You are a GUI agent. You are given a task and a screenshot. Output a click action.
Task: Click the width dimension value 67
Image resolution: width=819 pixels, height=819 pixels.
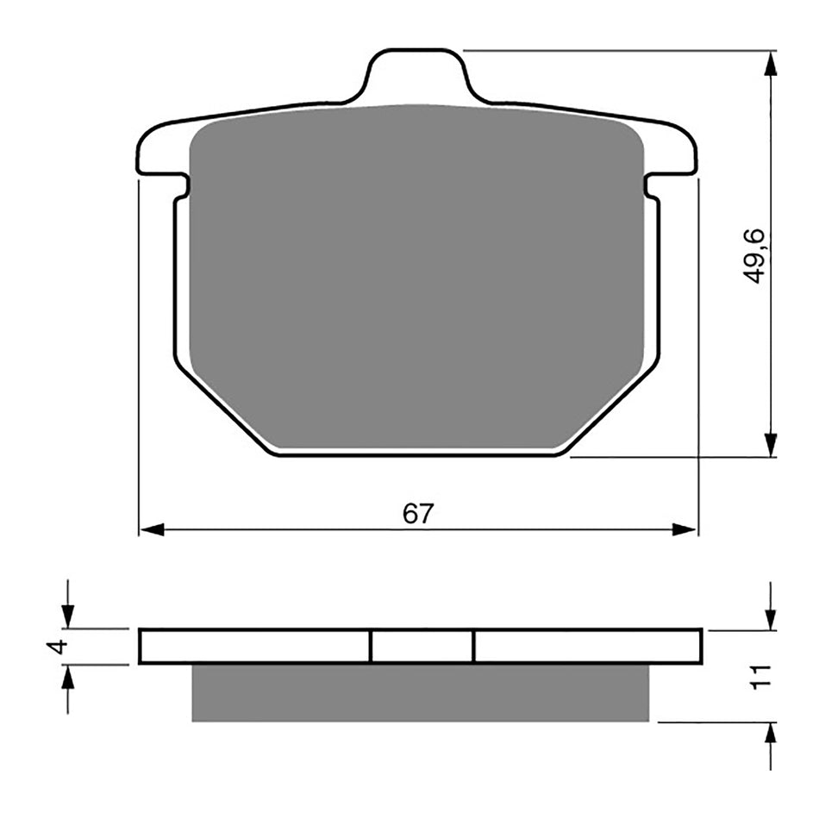pyautogui.click(x=417, y=514)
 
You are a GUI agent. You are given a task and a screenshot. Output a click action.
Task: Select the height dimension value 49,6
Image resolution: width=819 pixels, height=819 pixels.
pyautogui.click(x=756, y=256)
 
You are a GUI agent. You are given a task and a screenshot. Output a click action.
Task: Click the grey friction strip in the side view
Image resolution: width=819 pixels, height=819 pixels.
pyautogui.click(x=419, y=692)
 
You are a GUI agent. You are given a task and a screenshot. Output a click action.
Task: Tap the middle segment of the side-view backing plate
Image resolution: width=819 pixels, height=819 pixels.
pyautogui.click(x=422, y=647)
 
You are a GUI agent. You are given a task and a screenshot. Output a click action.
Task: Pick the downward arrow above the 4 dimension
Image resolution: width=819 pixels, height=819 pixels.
pyautogui.click(x=68, y=616)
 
